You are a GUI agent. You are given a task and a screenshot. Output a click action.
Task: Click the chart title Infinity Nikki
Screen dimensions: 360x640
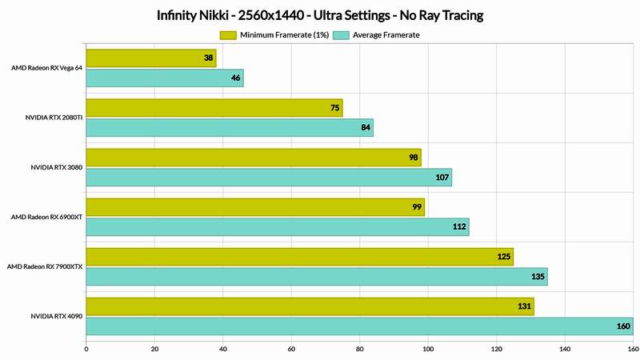(320, 15)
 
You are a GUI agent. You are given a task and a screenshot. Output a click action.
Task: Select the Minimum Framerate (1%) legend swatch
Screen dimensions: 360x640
(227, 35)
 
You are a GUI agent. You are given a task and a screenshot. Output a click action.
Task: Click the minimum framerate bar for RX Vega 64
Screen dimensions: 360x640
(150, 58)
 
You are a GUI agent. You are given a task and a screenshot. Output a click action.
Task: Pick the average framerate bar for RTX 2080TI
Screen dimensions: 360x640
(229, 127)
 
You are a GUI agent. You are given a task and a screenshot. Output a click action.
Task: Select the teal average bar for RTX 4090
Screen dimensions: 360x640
(359, 326)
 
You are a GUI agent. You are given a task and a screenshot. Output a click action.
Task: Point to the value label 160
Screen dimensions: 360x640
(622, 326)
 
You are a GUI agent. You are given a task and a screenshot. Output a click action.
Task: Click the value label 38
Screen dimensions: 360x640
(208, 58)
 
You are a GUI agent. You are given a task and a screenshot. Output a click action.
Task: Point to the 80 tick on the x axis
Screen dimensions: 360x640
(359, 349)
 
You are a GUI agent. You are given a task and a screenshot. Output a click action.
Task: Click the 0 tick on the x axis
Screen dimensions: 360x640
(86, 349)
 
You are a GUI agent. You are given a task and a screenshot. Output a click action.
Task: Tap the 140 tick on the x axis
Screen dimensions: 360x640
(565, 349)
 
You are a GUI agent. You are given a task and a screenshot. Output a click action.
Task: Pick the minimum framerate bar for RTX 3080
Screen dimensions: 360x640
(253, 157)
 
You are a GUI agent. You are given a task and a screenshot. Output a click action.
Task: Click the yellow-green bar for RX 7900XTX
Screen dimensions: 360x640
(299, 257)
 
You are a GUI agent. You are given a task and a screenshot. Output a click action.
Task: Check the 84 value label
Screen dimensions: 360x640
(365, 127)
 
